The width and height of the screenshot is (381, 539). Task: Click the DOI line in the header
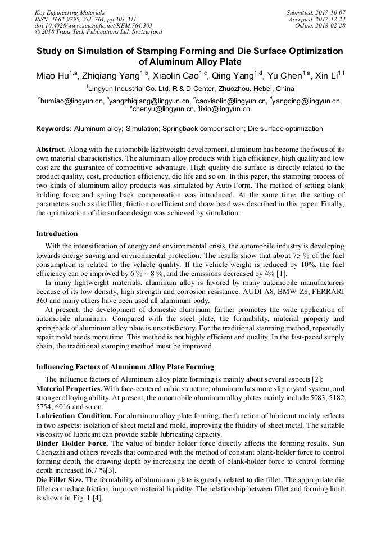(93, 25)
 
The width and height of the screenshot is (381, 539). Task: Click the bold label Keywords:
(54, 129)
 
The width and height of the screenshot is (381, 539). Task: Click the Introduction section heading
(57, 233)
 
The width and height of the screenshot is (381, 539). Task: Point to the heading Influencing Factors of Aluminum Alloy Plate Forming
(125, 366)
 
